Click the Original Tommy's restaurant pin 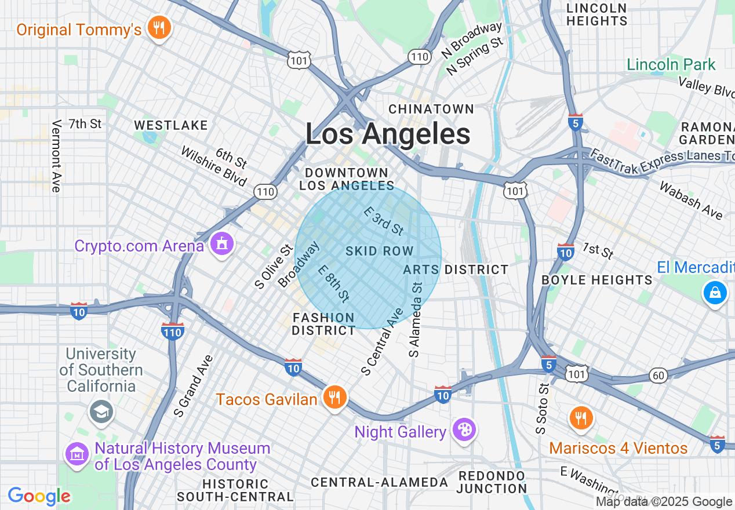point(158,27)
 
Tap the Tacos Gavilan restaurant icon point(334,398)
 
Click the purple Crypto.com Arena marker point(221,244)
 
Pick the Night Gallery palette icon point(465,430)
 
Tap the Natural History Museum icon point(77,455)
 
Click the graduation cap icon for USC point(101,411)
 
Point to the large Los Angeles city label point(388,134)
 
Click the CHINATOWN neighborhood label point(431,109)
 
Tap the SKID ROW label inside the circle point(379,251)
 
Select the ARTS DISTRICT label point(456,269)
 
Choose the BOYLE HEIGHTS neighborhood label point(596,280)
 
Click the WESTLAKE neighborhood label point(170,125)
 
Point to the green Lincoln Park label point(671,64)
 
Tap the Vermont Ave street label point(56,156)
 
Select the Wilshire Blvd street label point(214,167)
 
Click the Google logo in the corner point(39,496)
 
